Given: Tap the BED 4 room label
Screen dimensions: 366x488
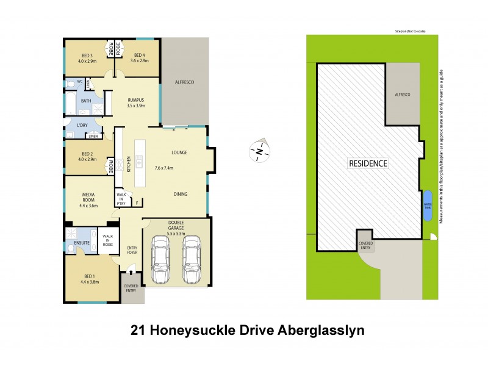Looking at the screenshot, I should point(140,55).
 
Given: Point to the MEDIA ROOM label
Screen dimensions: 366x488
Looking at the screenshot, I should point(90,196).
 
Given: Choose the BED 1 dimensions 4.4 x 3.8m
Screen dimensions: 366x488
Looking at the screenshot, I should point(88,281).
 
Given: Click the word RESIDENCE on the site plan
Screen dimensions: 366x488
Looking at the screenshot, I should point(368,163).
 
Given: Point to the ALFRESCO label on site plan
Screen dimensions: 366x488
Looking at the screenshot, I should point(403,95).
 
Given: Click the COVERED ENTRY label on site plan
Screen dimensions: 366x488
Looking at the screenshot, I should point(366,246).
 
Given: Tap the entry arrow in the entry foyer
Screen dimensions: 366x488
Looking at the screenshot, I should point(132,267).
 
